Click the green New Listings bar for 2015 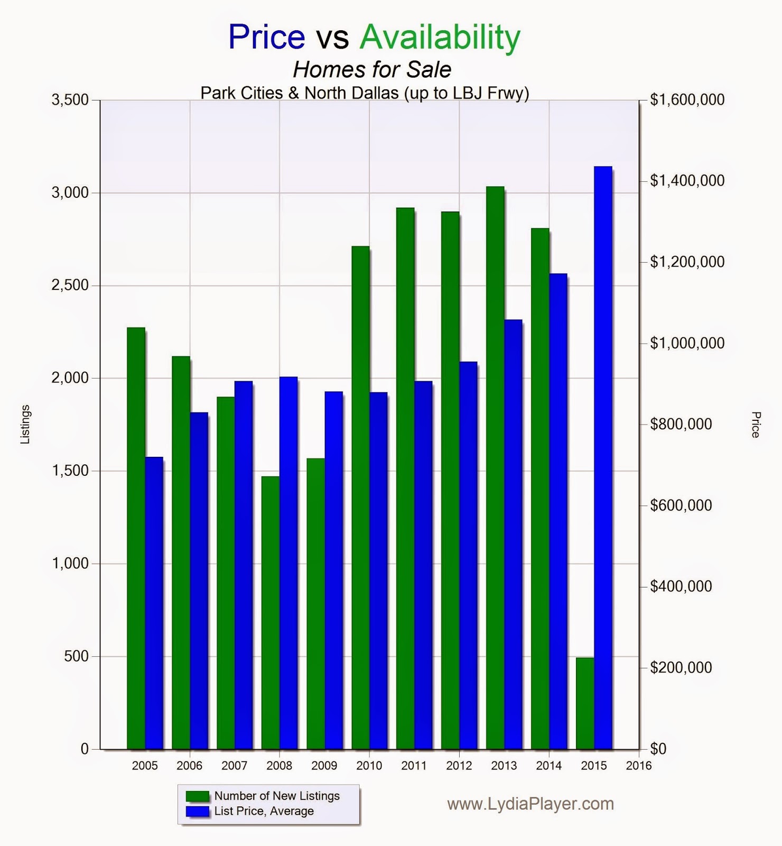(x=585, y=703)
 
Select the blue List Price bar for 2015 (x=603, y=458)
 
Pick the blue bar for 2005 (x=154, y=603)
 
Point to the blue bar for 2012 (x=468, y=555)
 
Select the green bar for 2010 (x=360, y=497)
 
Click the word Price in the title (x=266, y=37)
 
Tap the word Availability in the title (x=440, y=37)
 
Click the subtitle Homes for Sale (x=372, y=70)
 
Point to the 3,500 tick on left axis (x=70, y=100)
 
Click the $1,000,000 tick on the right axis (x=687, y=343)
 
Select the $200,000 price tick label (x=681, y=668)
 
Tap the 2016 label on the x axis (x=638, y=766)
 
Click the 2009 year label (x=324, y=766)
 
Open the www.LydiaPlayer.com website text (x=530, y=804)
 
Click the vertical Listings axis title (x=25, y=424)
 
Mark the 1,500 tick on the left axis (x=70, y=471)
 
